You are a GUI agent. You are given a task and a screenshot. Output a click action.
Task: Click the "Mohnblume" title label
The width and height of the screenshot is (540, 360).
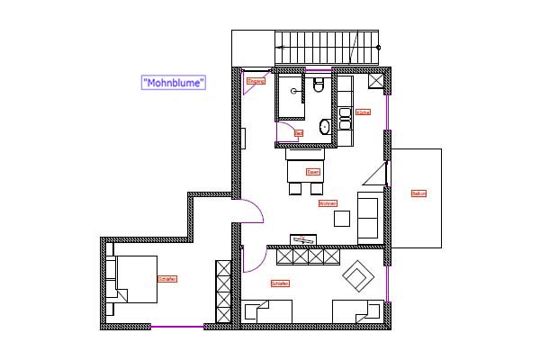[175, 82]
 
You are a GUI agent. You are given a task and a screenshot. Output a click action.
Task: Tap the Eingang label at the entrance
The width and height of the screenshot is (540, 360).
[256, 81]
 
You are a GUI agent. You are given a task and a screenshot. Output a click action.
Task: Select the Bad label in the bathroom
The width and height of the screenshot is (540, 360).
[299, 133]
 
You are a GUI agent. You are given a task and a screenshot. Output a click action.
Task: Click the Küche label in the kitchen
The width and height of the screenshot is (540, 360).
[364, 112]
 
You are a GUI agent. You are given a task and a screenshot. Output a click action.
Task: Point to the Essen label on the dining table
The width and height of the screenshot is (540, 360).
[313, 171]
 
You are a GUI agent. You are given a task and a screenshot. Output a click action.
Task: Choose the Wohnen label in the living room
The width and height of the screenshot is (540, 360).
[328, 204]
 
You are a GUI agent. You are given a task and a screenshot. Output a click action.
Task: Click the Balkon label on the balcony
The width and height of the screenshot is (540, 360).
[418, 193]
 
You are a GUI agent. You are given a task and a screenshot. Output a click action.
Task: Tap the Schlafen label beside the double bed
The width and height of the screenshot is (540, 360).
[166, 279]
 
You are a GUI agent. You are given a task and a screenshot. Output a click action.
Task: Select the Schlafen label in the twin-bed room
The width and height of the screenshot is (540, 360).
[280, 283]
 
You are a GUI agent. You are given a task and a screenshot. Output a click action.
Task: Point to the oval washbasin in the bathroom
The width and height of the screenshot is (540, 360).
[324, 126]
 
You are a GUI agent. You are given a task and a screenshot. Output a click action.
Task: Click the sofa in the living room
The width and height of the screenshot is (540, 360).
[369, 216]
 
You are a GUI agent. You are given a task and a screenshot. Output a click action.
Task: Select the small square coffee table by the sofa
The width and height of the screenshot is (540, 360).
[342, 218]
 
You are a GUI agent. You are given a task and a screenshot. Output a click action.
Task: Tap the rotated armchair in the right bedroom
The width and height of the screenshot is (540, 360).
[357, 275]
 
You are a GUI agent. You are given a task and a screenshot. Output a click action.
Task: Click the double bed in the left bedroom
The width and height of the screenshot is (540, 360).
[131, 279]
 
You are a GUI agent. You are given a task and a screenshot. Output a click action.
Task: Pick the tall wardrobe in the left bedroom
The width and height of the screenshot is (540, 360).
[222, 291]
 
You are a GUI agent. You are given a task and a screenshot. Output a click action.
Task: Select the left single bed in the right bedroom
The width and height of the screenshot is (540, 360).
[267, 312]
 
